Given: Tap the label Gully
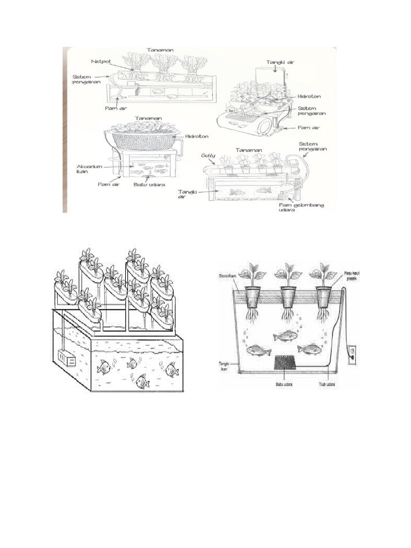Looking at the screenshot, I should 209,156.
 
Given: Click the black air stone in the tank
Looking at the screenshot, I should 286,363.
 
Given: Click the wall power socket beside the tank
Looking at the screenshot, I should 352,355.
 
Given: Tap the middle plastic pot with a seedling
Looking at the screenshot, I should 289,295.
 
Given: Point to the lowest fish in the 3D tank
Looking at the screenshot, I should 142,381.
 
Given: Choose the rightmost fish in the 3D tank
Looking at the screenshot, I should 171,369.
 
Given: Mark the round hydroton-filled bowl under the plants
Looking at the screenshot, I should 143,141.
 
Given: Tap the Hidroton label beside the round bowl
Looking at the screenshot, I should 196,136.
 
